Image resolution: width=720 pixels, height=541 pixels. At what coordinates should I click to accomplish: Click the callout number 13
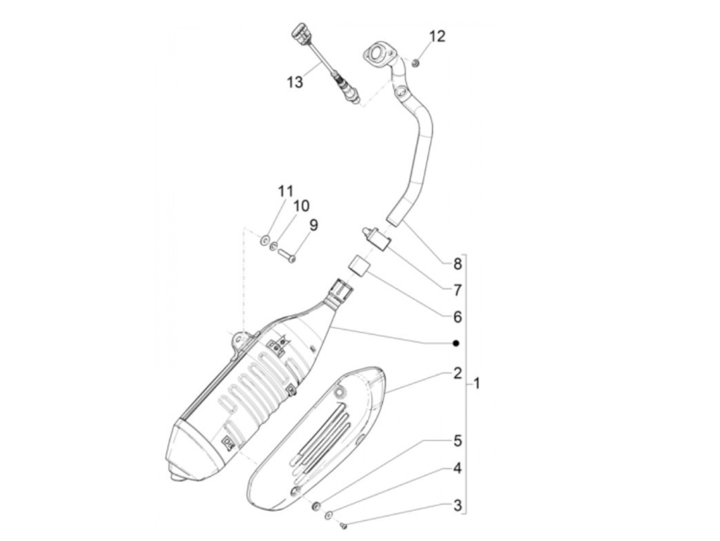click(x=295, y=82)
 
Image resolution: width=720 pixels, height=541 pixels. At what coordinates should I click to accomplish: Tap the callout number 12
click(x=437, y=37)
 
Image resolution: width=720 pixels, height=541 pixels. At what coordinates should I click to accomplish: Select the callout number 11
click(x=285, y=191)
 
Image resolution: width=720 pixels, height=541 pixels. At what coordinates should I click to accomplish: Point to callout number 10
click(x=301, y=206)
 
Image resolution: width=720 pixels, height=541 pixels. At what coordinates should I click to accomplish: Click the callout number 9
click(x=314, y=226)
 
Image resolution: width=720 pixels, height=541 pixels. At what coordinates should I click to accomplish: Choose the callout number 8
click(x=457, y=264)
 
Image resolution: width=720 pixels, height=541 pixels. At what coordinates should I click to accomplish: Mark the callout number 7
click(x=457, y=290)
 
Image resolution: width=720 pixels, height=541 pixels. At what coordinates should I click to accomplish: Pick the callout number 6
click(x=457, y=317)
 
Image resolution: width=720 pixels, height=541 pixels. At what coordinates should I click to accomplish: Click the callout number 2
click(x=457, y=373)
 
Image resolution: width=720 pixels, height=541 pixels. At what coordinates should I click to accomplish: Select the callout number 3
click(x=457, y=496)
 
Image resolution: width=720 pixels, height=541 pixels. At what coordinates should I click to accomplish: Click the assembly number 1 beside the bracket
click(x=477, y=383)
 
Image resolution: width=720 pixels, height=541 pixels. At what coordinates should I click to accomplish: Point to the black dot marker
click(x=456, y=344)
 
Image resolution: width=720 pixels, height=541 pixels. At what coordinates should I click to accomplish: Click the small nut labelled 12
click(x=415, y=62)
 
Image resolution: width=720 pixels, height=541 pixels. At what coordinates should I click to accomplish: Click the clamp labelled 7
click(x=376, y=243)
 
